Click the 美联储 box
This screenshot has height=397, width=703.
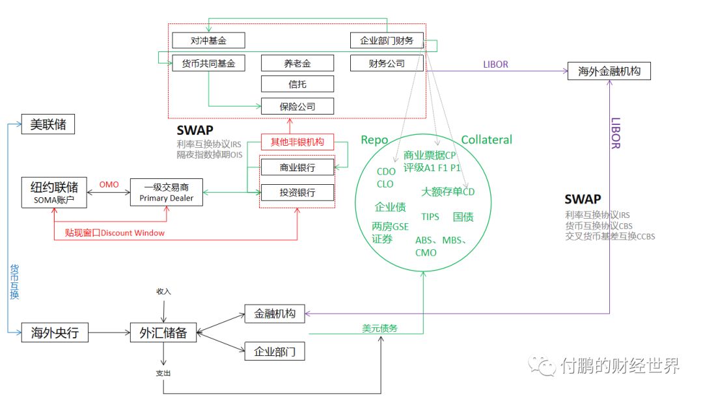click(x=48, y=124)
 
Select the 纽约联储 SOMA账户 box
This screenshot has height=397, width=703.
click(x=55, y=192)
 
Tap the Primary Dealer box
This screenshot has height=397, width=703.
click(x=167, y=192)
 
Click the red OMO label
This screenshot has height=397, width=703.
click(x=109, y=184)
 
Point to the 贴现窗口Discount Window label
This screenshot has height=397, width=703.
click(x=115, y=233)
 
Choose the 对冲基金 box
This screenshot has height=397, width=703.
click(x=208, y=40)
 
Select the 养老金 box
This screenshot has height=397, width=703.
click(x=297, y=63)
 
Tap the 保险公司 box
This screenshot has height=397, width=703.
click(x=297, y=105)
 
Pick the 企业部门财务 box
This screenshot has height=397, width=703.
click(x=387, y=40)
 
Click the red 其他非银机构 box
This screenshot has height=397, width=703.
click(x=297, y=141)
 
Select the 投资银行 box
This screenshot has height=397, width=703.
click(x=297, y=193)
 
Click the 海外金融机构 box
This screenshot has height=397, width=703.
click(x=609, y=71)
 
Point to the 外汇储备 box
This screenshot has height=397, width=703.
click(x=163, y=333)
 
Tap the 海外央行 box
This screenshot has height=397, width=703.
click(x=55, y=333)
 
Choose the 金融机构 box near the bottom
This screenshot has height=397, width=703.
click(x=274, y=314)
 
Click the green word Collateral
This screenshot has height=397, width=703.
click(x=486, y=140)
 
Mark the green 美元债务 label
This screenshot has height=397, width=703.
click(x=379, y=328)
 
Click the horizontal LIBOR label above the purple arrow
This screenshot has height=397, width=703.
click(x=495, y=64)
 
